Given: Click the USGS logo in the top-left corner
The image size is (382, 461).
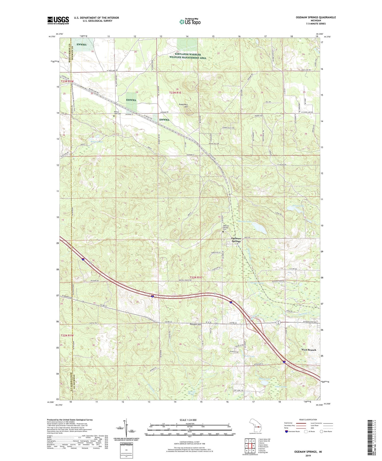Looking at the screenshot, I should coord(58,20).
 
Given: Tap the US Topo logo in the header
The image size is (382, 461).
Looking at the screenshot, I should coord(190,22).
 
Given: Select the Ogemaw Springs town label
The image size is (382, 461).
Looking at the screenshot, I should coord(236,240).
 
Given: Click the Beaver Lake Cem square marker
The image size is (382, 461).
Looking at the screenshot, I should coord(114,116).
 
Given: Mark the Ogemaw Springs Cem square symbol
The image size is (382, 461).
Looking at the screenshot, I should coord(223,232).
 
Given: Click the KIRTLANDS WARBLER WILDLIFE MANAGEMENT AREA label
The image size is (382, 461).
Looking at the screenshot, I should coord(187,56).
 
